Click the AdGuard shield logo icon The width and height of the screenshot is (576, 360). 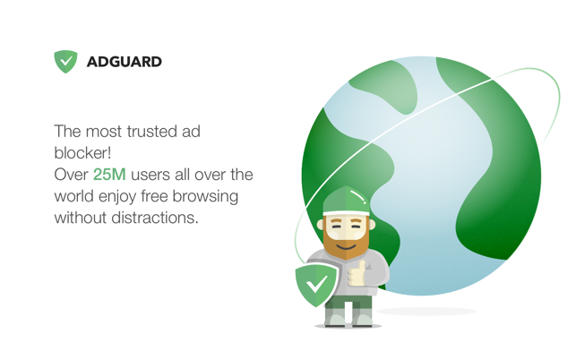(65, 61)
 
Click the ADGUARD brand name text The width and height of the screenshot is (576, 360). (125, 62)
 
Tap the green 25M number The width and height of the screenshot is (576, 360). (109, 175)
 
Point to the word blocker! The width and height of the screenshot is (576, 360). (82, 153)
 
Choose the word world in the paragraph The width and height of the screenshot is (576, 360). (74, 196)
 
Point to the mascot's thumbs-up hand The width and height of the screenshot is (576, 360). (357, 274)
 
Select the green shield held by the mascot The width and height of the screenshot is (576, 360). (316, 286)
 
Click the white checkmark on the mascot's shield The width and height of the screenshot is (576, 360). (316, 285)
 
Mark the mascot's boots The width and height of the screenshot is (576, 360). (348, 317)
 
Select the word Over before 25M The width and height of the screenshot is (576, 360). (71, 175)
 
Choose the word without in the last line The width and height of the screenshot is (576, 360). (81, 218)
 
